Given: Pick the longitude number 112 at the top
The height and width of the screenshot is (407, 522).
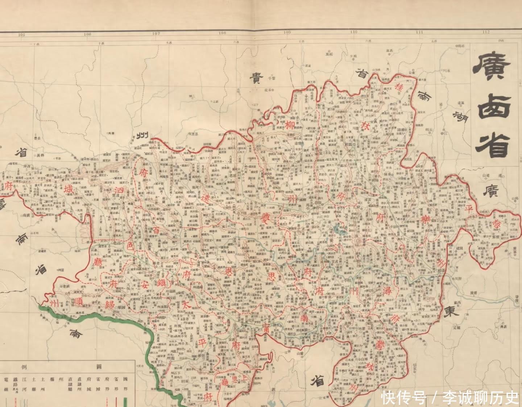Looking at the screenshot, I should [486, 32].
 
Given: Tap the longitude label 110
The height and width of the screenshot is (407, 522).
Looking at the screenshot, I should [353, 32].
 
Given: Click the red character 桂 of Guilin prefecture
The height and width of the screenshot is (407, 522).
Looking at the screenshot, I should [399, 87].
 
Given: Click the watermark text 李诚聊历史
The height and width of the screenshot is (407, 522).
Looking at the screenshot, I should [480, 398].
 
